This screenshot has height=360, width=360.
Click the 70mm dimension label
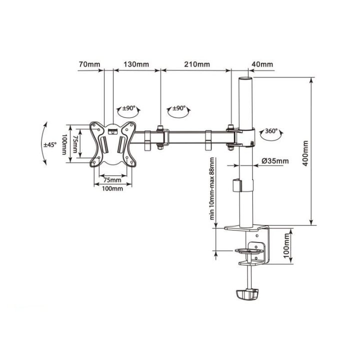pyautogui.click(x=89, y=64)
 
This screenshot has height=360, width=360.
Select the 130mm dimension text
pyautogui.click(x=136, y=64)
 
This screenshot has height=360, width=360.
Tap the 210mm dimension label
pyautogui.click(x=197, y=64)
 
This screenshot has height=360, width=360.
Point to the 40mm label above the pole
pyautogui.click(x=262, y=64)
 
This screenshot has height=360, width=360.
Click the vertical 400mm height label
pyautogui.click(x=305, y=152)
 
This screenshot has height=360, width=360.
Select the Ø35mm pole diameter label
pyautogui.click(x=275, y=161)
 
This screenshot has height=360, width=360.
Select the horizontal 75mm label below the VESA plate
pyautogui.click(x=112, y=179)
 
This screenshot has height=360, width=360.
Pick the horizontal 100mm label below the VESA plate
pyautogui.click(x=112, y=189)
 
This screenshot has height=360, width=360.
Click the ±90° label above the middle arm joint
pyautogui.click(x=178, y=108)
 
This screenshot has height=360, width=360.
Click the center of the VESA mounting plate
pyautogui.click(x=113, y=143)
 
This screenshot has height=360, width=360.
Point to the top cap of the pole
pyautogui.click(x=245, y=78)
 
